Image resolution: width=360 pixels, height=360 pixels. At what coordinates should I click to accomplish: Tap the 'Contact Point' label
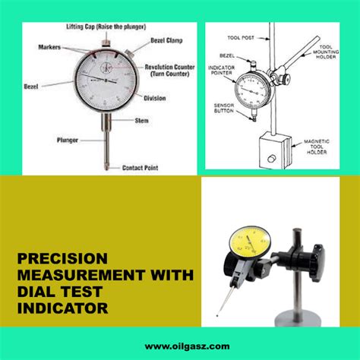coord(143,168)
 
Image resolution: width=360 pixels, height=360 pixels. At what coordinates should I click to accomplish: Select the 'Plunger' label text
coord(69,140)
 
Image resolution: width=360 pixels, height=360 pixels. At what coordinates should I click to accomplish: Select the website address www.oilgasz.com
coord(179,344)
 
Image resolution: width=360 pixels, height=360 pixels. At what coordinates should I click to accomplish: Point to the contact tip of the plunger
coord(104,166)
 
